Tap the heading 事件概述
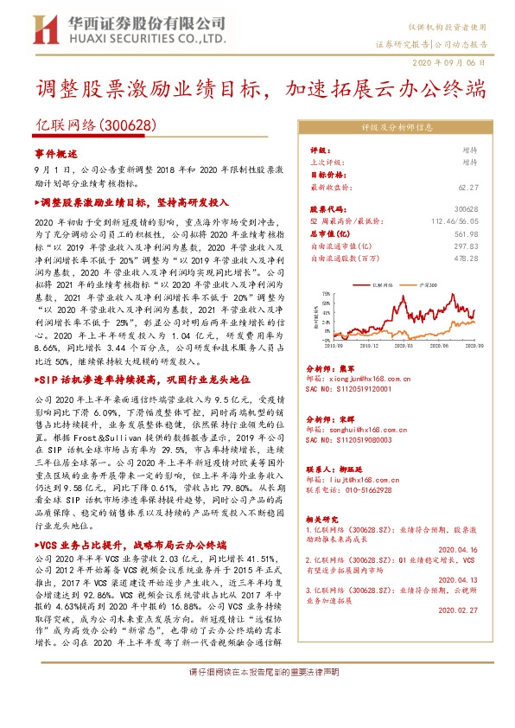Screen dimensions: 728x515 (x=55, y=152)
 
